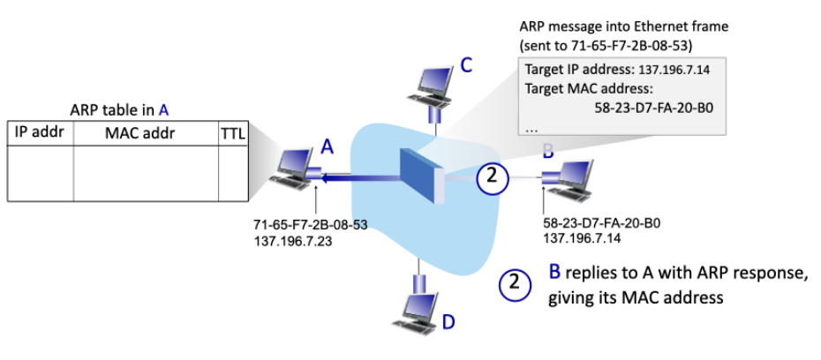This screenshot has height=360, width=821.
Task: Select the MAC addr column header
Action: (145, 133)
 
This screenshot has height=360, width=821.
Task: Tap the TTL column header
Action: (233, 133)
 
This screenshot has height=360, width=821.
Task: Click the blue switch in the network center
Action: (418, 177)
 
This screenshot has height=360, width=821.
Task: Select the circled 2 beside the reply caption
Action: (515, 284)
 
